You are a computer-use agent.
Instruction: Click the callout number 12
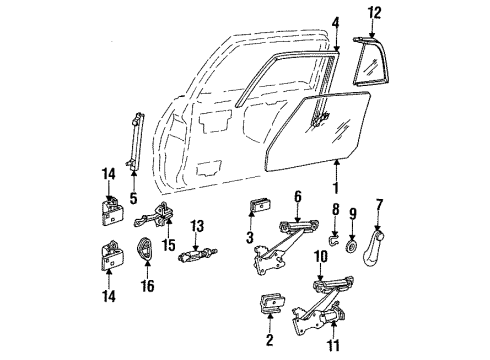[x=375, y=12]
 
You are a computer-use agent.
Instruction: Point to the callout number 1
[x=336, y=187]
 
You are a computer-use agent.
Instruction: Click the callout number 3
[x=249, y=236]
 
